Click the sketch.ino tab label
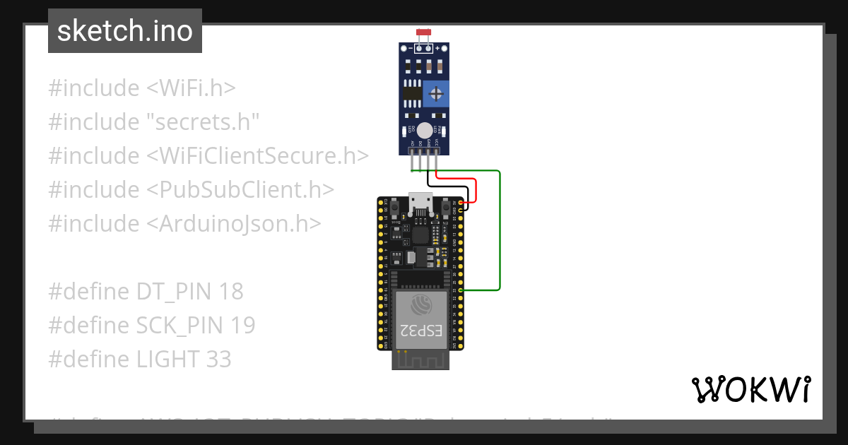(124, 31)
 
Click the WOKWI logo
(750, 389)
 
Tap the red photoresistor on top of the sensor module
(424, 33)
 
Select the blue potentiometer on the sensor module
(436, 93)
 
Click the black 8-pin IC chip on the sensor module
(411, 93)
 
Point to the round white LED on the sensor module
(424, 131)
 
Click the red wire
(476, 189)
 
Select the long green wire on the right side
(500, 233)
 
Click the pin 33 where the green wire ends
(461, 290)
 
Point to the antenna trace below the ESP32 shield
(421, 360)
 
